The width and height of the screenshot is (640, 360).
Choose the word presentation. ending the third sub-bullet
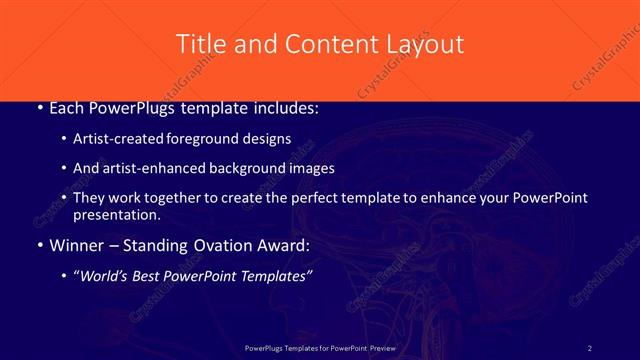point(117,214)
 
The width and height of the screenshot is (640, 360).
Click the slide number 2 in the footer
point(590,347)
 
